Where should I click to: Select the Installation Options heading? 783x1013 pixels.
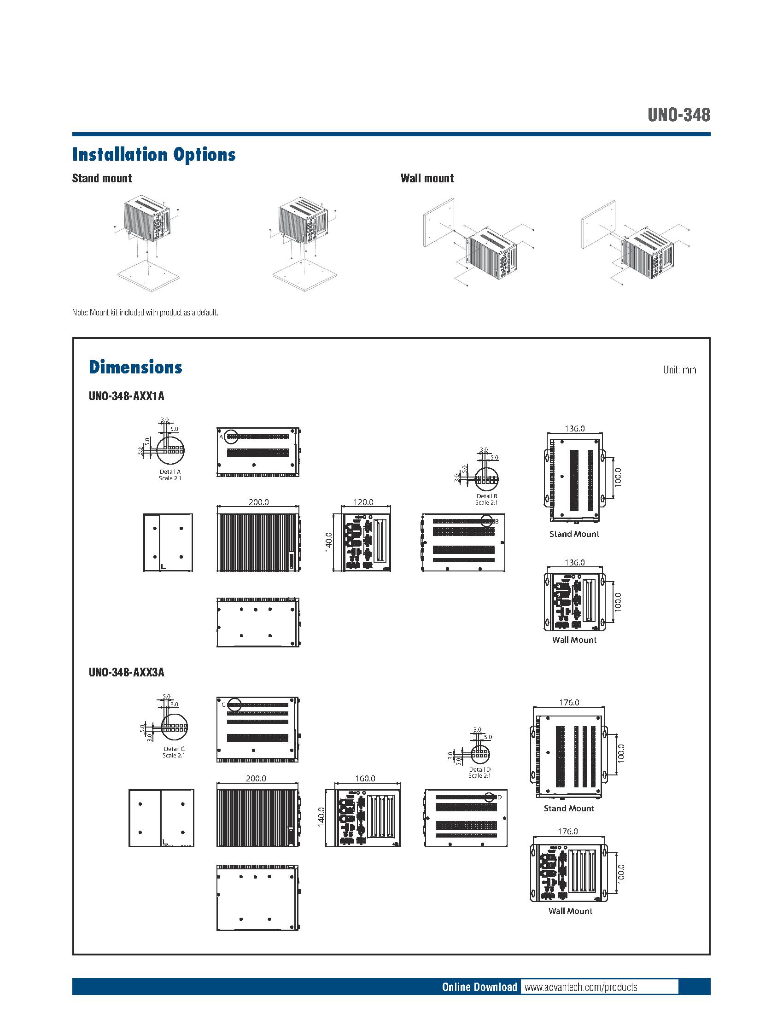[153, 154]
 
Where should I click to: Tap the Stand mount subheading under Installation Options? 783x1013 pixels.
[102, 178]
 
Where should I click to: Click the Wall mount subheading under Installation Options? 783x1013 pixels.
[427, 178]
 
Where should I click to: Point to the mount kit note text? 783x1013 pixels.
[145, 312]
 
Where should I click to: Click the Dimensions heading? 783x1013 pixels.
[135, 367]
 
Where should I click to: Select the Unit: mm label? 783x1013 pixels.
[679, 370]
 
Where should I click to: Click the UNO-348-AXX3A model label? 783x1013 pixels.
[126, 672]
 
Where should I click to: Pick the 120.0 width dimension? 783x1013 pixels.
[363, 502]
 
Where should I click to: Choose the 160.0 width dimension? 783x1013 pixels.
[365, 778]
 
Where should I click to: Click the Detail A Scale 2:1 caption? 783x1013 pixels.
[170, 475]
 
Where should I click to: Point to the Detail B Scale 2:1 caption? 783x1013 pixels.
[486, 499]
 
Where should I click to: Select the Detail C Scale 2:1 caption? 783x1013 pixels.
[174, 752]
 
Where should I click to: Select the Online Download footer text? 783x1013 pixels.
[479, 987]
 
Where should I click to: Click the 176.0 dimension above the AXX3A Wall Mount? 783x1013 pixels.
[568, 832]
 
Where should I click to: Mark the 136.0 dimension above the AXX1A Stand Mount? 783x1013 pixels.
[575, 429]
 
